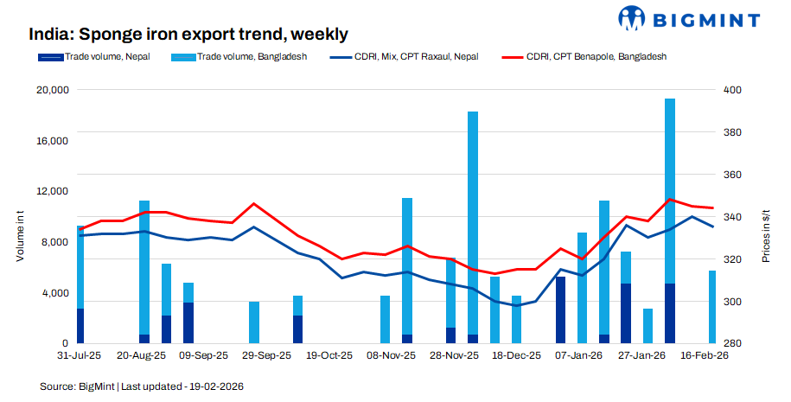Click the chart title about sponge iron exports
[188, 35]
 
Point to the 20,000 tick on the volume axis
[49, 90]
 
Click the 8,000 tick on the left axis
[53, 242]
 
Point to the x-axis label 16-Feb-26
[705, 354]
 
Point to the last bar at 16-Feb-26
[712, 307]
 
